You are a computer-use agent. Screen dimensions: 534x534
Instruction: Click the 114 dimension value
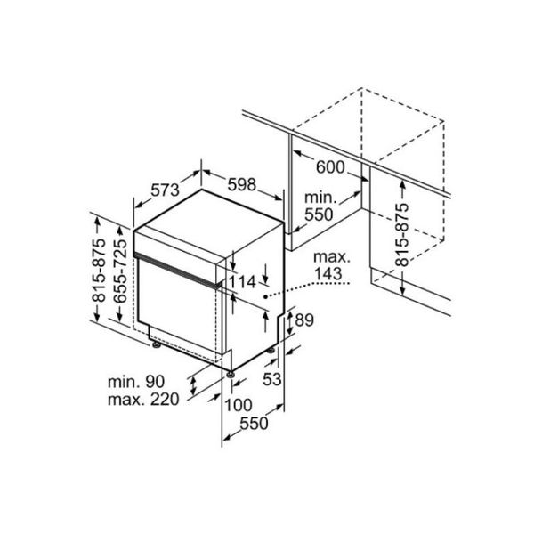pos(241,282)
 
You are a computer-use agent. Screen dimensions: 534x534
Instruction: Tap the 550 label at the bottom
pos(254,425)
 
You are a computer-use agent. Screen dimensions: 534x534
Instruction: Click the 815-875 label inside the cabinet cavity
pos(401,236)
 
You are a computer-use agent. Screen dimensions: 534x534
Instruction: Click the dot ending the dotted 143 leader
pos(266,293)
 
